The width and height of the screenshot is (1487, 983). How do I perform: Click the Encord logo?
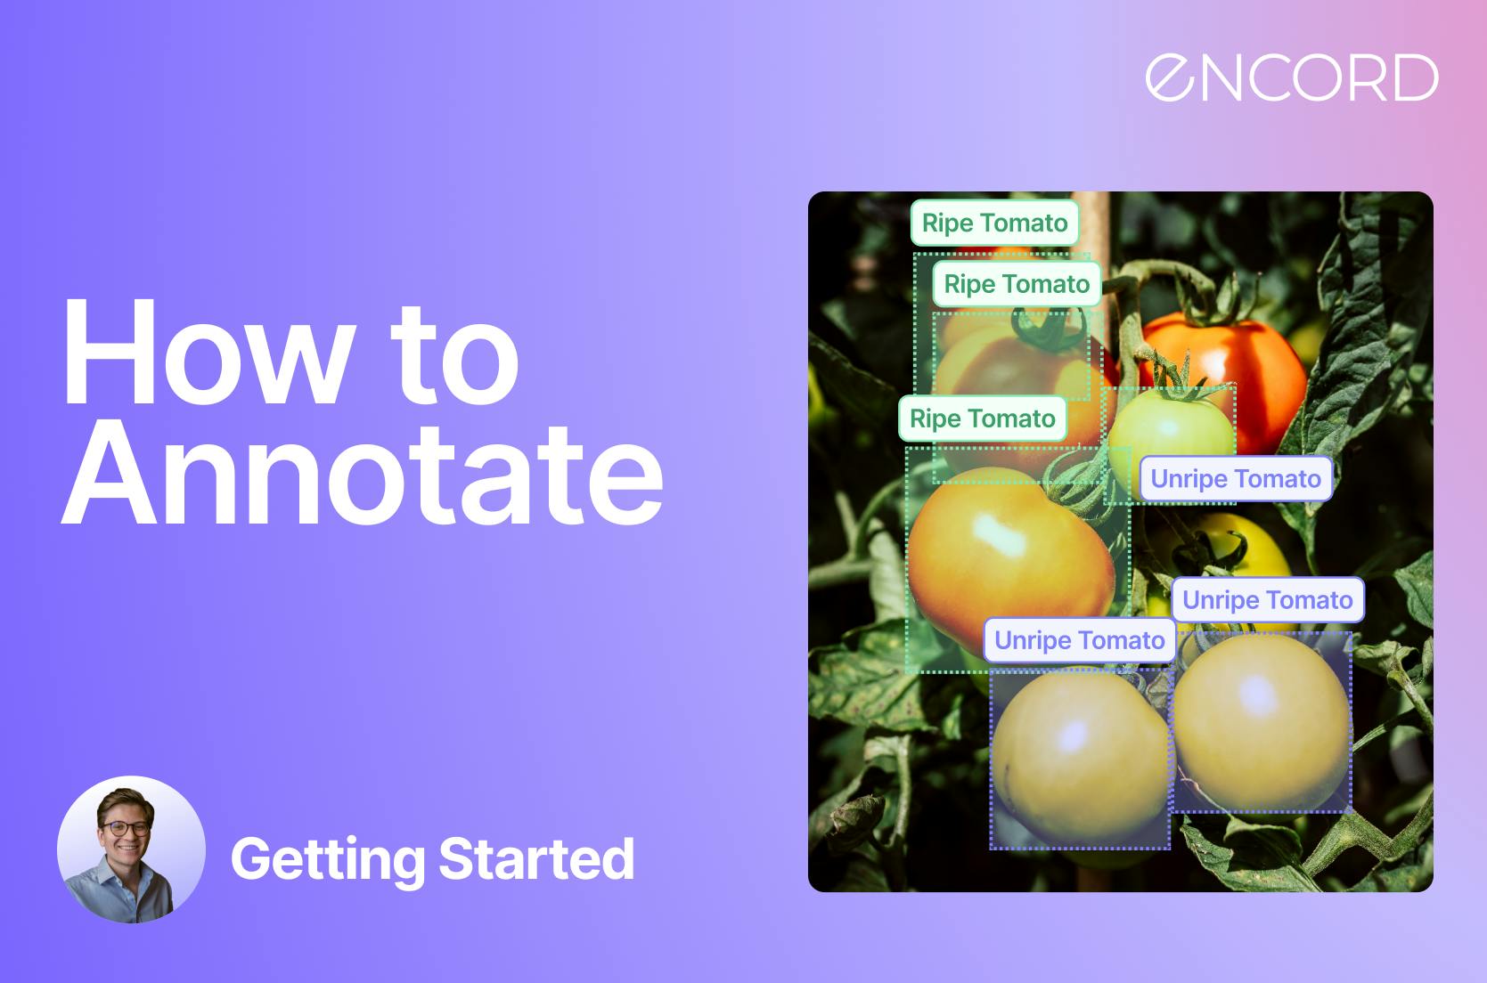coord(1292,77)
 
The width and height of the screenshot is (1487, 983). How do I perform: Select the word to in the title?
coord(454,356)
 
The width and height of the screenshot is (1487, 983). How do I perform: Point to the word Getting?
coord(328,860)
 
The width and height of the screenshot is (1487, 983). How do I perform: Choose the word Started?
coord(536,858)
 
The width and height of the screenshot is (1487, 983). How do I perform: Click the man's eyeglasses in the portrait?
coord(127,828)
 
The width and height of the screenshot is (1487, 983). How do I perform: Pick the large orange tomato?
coord(1009,557)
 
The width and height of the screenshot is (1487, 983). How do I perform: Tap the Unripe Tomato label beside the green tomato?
coord(1236,479)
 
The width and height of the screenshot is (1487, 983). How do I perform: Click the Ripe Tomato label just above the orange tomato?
coord(982,418)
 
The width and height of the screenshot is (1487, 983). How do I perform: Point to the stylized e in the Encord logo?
coord(1171,77)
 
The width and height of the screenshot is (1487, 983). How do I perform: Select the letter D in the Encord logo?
coord(1416,77)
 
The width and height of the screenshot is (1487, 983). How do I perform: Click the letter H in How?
coord(110,352)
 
